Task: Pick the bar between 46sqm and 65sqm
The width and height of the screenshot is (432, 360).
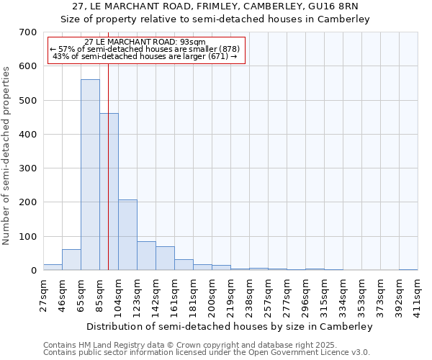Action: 71,260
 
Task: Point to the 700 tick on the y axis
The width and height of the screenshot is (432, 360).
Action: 28,32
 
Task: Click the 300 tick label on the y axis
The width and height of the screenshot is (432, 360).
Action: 28,168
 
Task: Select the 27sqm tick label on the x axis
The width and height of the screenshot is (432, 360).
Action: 43,293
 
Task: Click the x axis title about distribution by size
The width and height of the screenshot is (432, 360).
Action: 230,327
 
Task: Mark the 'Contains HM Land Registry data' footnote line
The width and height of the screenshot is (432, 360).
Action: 206,345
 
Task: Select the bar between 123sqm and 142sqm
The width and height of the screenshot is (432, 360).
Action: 146,256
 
